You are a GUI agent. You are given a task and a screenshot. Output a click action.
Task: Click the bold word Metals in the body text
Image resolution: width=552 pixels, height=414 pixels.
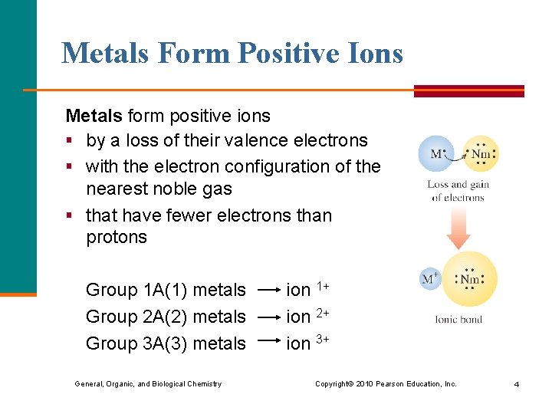(94, 116)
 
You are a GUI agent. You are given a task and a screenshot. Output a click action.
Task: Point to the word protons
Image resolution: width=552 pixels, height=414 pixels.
(116, 237)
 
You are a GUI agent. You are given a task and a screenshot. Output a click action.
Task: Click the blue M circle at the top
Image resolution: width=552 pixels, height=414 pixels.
(435, 154)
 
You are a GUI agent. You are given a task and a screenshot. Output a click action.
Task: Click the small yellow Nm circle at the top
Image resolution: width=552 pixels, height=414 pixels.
(481, 154)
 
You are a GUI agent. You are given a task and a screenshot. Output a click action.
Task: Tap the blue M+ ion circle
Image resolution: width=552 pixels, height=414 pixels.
(430, 278)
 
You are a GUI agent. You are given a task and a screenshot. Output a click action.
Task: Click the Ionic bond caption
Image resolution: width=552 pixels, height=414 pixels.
(458, 319)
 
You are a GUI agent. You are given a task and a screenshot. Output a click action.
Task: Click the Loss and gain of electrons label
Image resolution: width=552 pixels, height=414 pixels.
(458, 191)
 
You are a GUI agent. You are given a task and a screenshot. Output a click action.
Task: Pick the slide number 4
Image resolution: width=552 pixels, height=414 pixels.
(516, 384)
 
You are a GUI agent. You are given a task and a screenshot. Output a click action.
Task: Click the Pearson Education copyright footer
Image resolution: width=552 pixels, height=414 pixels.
(386, 383)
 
